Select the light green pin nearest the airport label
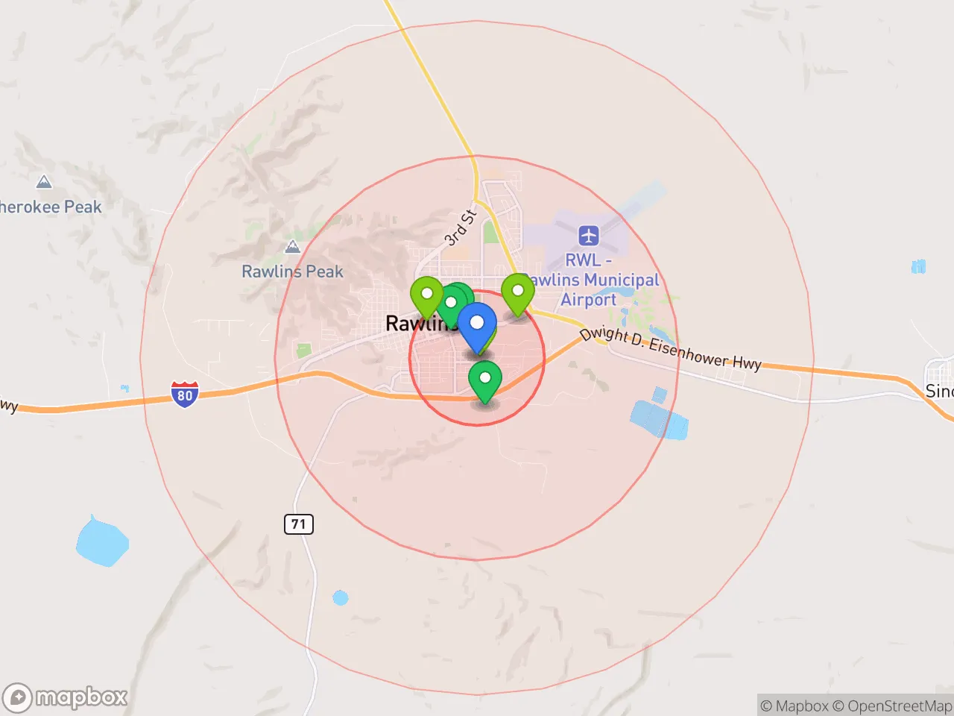point(517,292)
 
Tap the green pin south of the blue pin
point(484,380)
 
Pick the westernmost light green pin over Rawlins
point(427,295)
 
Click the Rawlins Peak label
point(292,271)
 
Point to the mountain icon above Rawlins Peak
point(292,247)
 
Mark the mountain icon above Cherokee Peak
point(44,182)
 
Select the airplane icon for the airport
point(589,236)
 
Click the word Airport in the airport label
point(589,300)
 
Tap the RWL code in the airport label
point(583,260)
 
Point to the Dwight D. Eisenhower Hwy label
point(671,348)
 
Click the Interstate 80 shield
point(184,394)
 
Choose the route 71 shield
point(299,524)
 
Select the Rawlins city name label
point(417,324)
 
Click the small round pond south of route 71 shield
point(341,597)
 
